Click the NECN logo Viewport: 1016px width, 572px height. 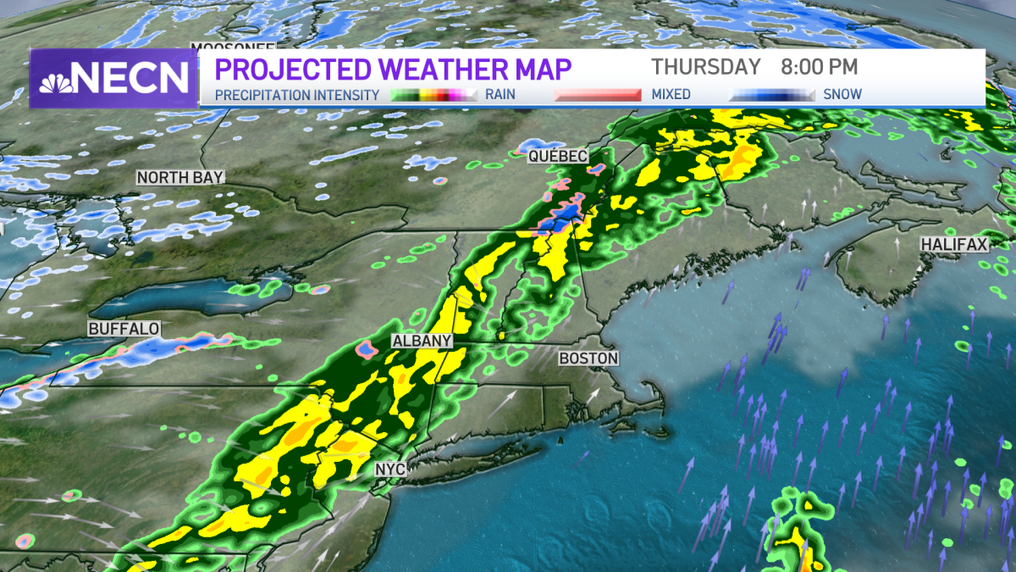[113, 78]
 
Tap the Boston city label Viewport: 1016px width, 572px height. [588, 358]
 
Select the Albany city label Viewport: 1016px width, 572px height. [421, 341]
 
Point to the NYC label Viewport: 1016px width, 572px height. [390, 469]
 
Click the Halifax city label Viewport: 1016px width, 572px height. [954, 245]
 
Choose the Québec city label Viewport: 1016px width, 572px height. [557, 157]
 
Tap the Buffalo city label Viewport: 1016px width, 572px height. [124, 328]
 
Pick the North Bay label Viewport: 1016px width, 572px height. [180, 177]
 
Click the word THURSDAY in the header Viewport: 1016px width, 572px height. [706, 67]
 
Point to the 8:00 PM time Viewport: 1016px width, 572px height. [820, 67]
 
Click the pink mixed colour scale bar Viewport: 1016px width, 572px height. [597, 95]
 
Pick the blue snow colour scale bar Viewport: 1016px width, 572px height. [772, 95]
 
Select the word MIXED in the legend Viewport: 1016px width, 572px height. [671, 95]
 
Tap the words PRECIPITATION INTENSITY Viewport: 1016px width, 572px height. [296, 95]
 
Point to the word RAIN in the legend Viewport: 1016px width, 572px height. [500, 95]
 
